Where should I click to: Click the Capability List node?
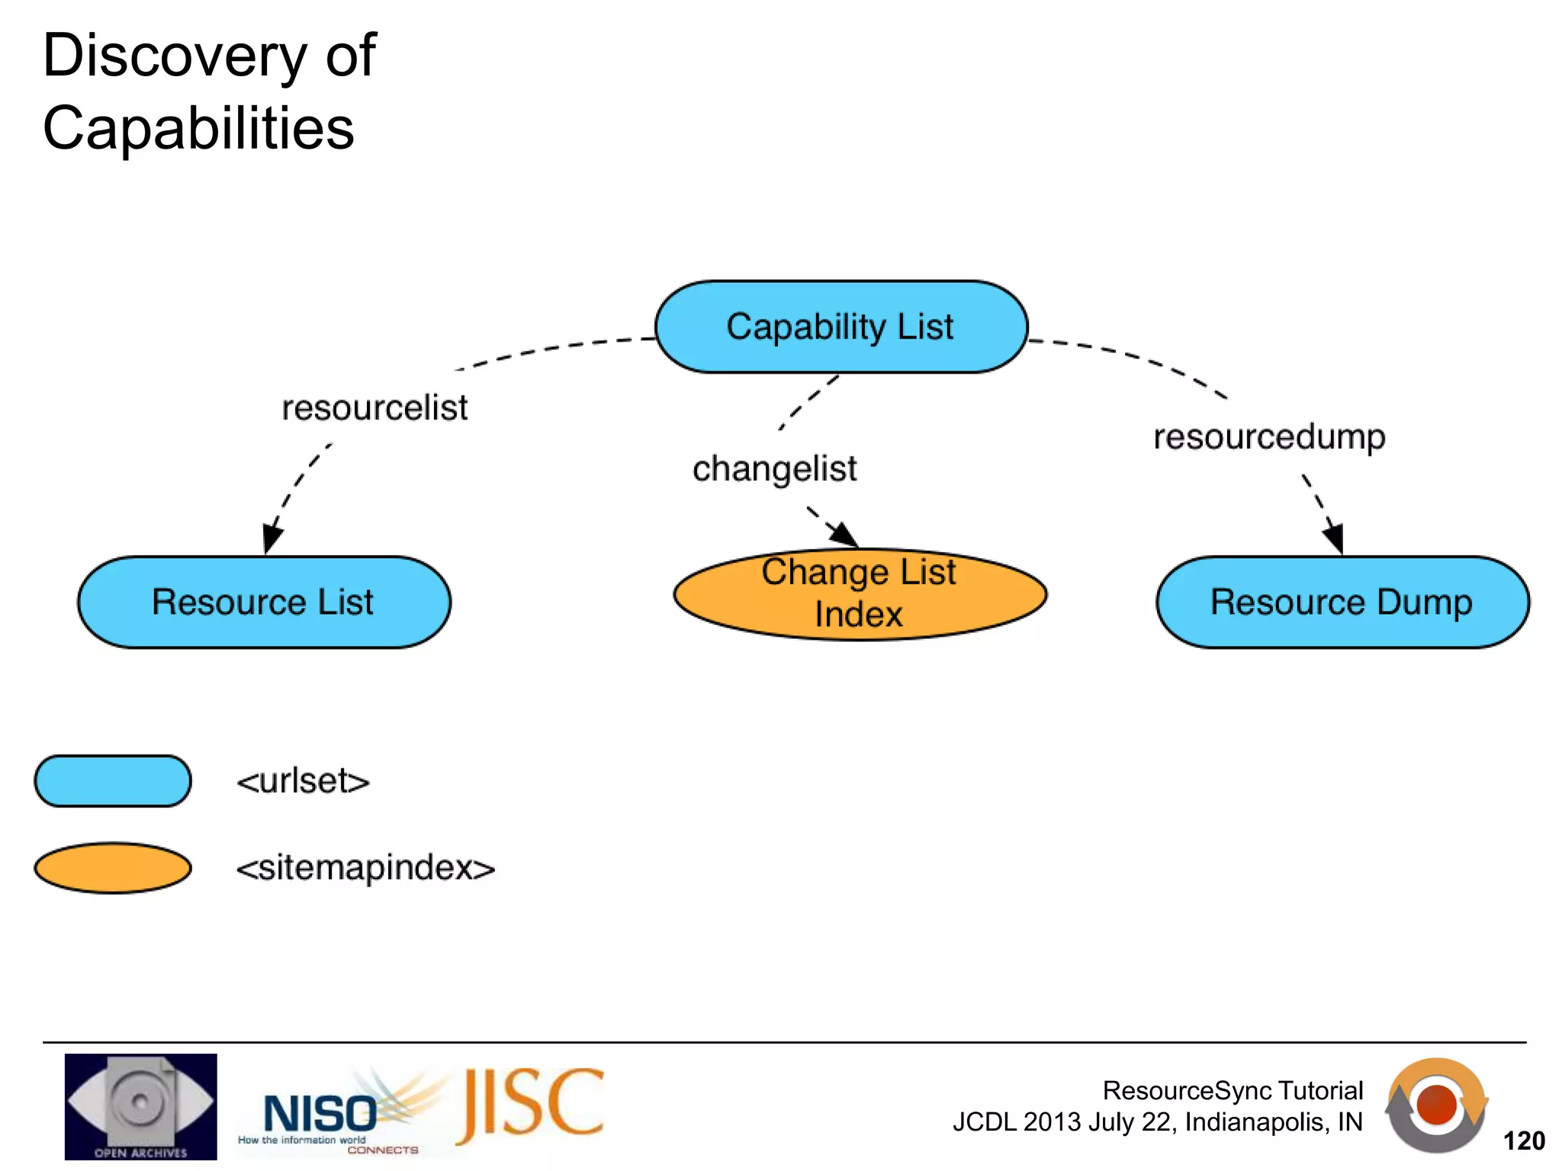[841, 327]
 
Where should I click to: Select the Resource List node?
[264, 602]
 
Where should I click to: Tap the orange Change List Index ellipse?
[860, 595]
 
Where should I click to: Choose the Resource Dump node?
[1342, 602]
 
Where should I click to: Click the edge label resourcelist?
[374, 408]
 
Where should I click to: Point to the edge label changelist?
[774, 469]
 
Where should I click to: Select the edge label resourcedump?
[1269, 437]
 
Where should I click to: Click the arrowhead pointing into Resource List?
[271, 538]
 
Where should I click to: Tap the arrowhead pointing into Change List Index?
[845, 534]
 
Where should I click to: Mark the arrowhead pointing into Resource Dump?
[1334, 538]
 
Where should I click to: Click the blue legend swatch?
[113, 781]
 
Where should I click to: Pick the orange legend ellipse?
[113, 868]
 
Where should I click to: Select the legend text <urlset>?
[303, 781]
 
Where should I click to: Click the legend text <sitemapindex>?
[365, 868]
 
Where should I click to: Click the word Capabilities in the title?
[198, 128]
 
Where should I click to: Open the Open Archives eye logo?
[140, 1106]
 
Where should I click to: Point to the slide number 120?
[1523, 1141]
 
